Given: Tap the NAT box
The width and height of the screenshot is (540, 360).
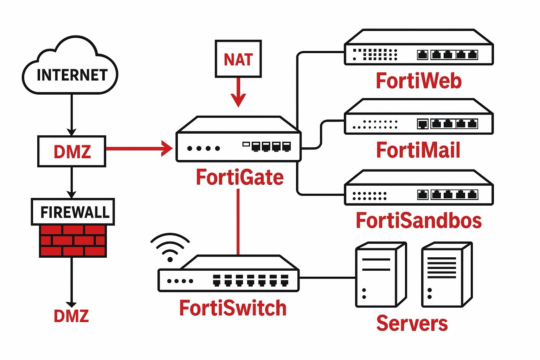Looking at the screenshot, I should click(x=238, y=59).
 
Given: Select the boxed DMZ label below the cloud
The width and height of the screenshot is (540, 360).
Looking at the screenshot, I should click(x=72, y=151).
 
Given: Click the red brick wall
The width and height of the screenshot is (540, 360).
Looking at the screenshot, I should click(x=72, y=241).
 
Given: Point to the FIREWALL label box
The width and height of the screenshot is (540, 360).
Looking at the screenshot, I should click(x=73, y=212).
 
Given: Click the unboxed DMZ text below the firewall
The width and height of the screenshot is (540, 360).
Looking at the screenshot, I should click(x=71, y=316).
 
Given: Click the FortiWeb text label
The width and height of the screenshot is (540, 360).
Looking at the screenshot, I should click(x=418, y=81).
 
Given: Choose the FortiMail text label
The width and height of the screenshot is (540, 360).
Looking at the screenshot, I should click(x=418, y=150).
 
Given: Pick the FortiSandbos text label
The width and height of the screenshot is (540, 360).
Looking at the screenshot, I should click(x=418, y=220).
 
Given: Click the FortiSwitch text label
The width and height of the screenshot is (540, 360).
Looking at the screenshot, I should click(x=233, y=308).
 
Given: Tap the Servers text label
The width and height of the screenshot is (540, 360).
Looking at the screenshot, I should click(x=412, y=323).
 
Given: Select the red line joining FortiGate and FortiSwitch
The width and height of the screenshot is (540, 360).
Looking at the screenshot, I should click(x=238, y=221).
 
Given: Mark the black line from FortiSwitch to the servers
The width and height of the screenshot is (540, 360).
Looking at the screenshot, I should click(x=327, y=277).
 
